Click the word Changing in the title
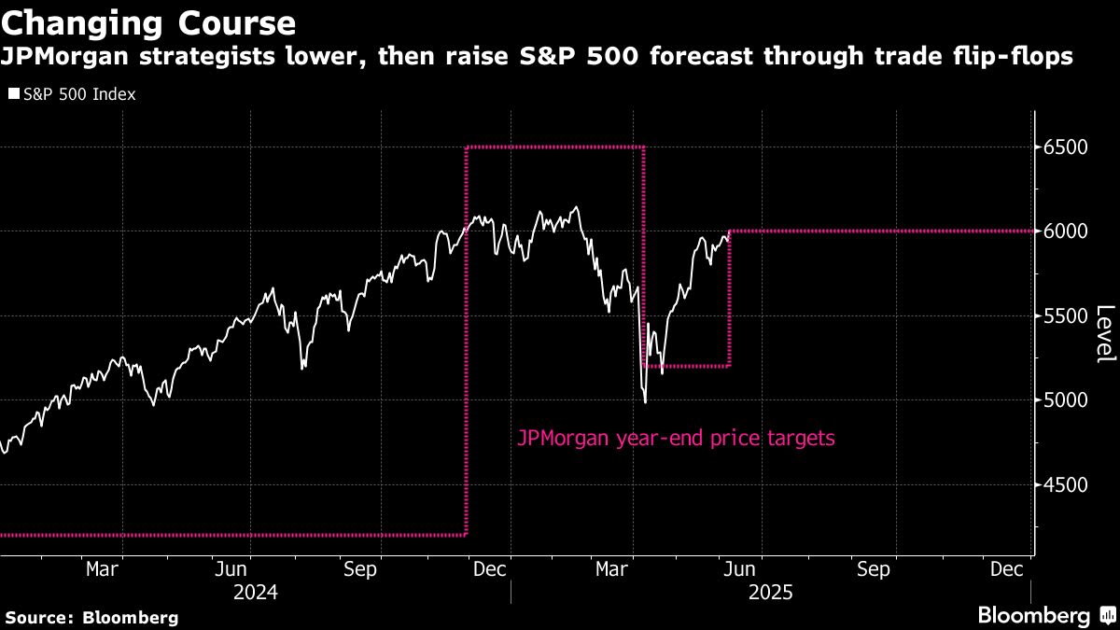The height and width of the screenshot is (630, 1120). tap(82, 24)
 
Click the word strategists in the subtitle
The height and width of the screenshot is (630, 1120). tap(207, 57)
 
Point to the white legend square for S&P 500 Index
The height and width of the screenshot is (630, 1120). tap(14, 93)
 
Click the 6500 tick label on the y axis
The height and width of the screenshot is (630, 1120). tap(1065, 147)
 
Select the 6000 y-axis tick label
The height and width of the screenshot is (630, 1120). tap(1065, 231)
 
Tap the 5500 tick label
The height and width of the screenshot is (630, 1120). tap(1065, 316)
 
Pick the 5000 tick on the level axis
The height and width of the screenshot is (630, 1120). tap(1065, 400)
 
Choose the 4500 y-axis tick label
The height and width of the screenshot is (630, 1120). tap(1065, 484)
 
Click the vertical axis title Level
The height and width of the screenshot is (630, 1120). tap(1105, 334)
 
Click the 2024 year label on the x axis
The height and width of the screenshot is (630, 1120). tap(256, 593)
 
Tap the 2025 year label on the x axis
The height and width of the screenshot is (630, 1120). tap(771, 593)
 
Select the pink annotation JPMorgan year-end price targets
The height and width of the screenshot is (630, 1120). tap(676, 439)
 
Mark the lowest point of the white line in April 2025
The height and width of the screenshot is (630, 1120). tap(646, 402)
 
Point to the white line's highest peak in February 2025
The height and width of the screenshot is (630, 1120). tap(577, 207)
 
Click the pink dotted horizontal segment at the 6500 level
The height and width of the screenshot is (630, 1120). tap(555, 147)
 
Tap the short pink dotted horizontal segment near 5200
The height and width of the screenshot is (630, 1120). tap(687, 367)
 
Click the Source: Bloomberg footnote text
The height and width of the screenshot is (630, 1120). tap(92, 618)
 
